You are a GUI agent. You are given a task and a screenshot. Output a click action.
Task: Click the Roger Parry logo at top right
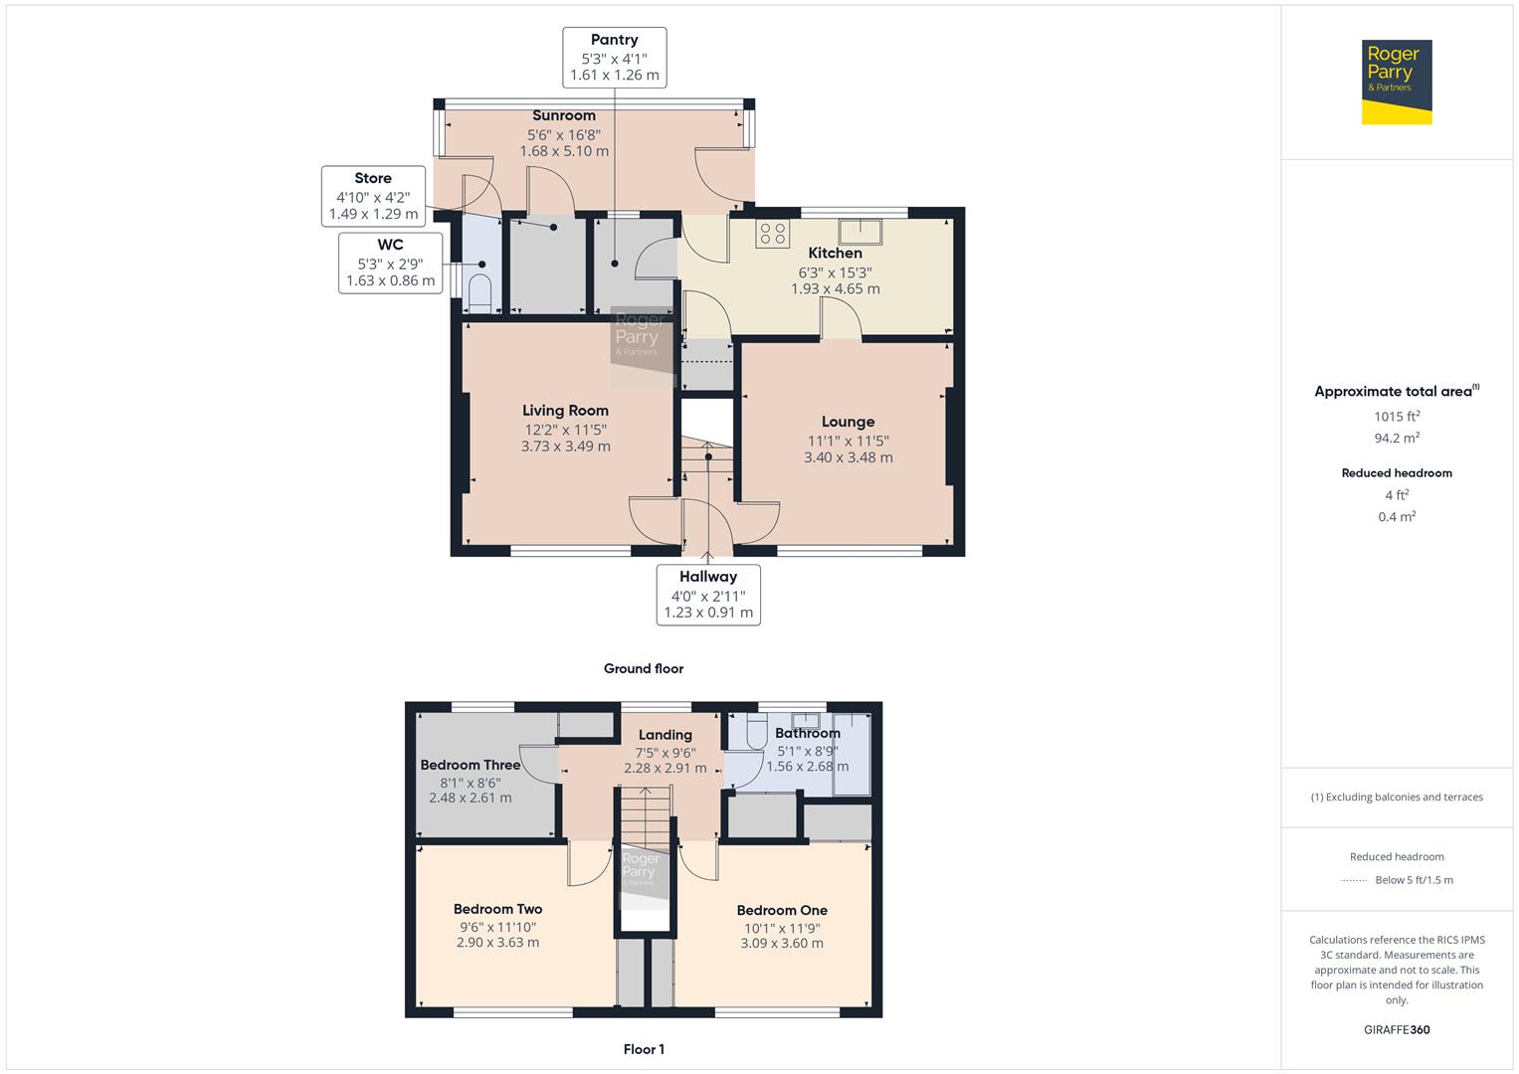[x=1396, y=82]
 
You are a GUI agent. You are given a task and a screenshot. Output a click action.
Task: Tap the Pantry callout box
[x=614, y=58]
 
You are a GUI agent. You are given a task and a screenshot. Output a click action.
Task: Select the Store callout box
[x=373, y=196]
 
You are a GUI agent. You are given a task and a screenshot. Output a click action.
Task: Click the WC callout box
[x=390, y=263]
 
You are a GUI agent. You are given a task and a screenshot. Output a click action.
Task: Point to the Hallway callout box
[x=708, y=595]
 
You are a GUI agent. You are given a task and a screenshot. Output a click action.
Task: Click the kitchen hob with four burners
[x=773, y=234]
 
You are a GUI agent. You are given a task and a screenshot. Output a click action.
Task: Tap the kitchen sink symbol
[x=859, y=231]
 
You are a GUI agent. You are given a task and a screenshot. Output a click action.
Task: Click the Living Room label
[x=565, y=410]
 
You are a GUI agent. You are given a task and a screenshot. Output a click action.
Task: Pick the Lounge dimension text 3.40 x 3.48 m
[x=848, y=457]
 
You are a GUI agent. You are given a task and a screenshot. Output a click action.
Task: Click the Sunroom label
[x=564, y=115]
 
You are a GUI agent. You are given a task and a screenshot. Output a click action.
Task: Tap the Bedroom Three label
[x=471, y=765]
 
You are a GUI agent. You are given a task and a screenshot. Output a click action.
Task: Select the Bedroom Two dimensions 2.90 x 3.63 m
[x=497, y=942]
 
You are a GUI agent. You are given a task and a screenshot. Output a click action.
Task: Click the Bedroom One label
[x=782, y=910]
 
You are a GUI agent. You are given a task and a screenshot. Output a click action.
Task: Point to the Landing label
[x=665, y=735]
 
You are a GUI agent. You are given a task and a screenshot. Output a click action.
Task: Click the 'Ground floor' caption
[x=644, y=668]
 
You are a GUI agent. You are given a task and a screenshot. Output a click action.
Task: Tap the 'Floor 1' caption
[x=644, y=1049]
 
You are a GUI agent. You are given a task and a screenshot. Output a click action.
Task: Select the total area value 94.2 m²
[x=1397, y=438]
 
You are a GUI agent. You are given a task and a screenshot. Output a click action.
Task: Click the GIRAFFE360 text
[x=1397, y=1029]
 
